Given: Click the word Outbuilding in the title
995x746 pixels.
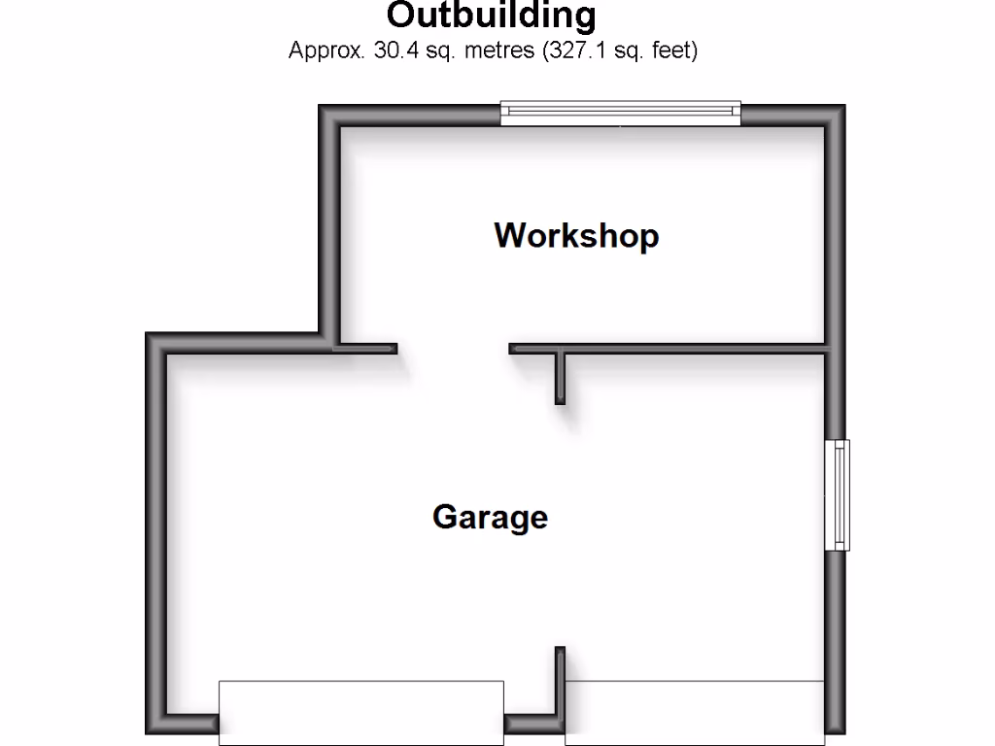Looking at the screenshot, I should (491, 16).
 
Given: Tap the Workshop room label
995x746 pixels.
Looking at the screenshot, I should (576, 236).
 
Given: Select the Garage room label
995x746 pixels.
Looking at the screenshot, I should (490, 516).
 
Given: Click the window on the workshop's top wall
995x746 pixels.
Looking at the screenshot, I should (620, 114).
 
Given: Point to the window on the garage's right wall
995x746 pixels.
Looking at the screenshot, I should (837, 495).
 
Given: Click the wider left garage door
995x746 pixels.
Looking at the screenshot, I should (360, 712).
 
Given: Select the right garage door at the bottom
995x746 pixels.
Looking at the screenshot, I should (694, 712).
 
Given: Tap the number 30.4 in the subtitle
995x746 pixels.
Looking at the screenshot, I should (394, 51).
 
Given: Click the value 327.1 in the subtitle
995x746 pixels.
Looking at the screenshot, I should (578, 51).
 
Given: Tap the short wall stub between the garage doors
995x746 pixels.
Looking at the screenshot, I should (561, 685).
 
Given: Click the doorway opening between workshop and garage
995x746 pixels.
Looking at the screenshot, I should (453, 348).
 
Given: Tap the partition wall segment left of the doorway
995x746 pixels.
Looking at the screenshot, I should (366, 348).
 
